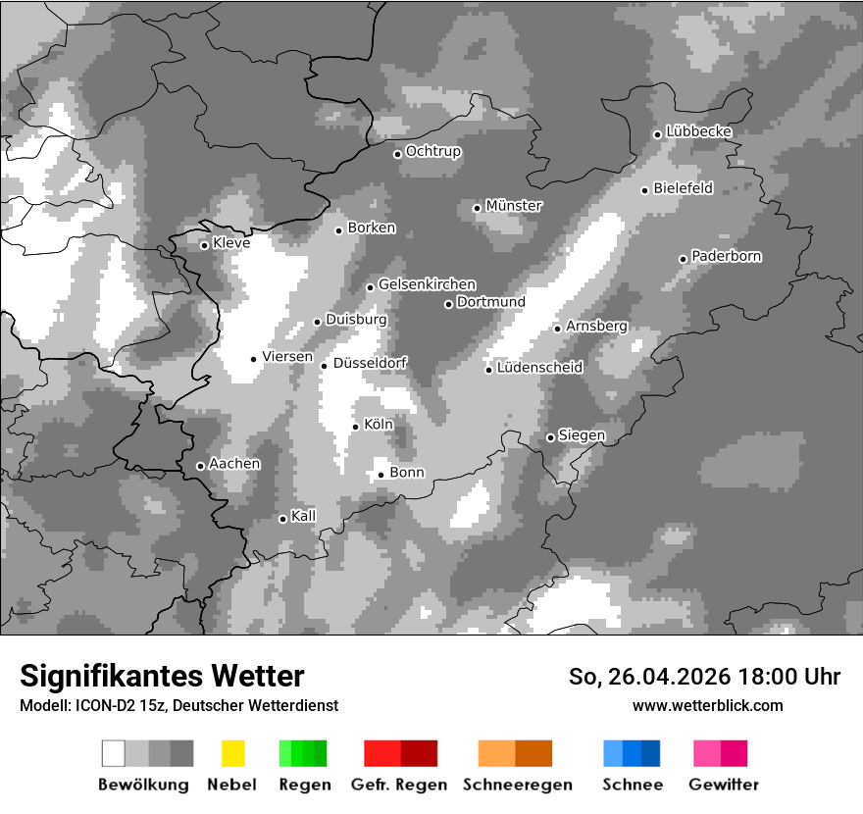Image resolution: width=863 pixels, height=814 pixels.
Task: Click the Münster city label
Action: [x=514, y=206]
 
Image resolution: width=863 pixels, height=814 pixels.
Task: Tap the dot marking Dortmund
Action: [x=448, y=304]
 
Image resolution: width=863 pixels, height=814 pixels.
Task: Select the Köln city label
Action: [x=379, y=425]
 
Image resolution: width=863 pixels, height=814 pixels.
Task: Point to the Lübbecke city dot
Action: [x=657, y=134]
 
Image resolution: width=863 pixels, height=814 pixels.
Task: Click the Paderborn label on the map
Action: [x=727, y=256]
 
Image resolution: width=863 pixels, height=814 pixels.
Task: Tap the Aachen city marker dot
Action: [x=200, y=466]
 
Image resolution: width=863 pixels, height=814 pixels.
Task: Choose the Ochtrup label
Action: [x=433, y=152]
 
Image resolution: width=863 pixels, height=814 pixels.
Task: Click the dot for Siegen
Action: [x=550, y=437]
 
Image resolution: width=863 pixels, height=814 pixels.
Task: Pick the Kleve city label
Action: [x=231, y=243]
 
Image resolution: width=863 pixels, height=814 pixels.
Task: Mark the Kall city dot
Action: [x=282, y=519]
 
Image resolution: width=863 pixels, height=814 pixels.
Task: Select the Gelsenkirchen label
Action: [x=427, y=284]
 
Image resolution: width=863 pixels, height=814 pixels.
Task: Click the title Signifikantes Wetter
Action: [x=162, y=676]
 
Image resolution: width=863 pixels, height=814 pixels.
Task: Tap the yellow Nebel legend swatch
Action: [x=232, y=753]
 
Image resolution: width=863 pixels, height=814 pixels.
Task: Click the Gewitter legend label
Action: [x=724, y=785]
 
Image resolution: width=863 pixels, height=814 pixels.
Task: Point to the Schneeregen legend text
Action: [x=516, y=785]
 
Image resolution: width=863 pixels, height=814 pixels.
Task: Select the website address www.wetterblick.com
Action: [x=707, y=705]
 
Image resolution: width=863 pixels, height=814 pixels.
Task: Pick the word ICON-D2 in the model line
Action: [x=101, y=706]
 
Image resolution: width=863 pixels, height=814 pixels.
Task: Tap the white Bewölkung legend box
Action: [x=114, y=753]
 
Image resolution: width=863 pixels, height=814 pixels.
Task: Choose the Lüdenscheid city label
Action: [x=539, y=368]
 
